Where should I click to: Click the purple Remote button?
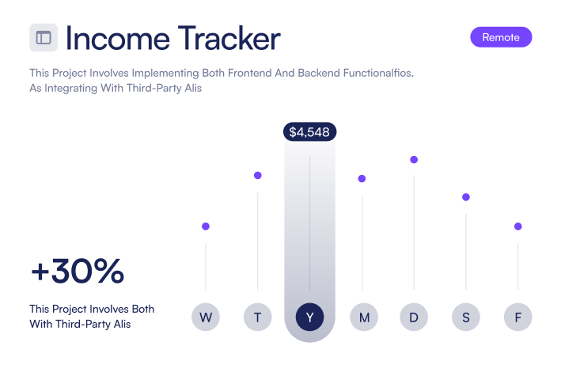point(501,37)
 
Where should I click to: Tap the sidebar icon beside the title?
point(44,37)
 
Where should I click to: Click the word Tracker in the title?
point(229,38)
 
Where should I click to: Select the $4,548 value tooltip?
point(309,132)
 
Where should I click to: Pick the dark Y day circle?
point(310,317)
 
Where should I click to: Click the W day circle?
point(206,317)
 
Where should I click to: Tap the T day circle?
point(258,317)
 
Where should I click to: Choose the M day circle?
point(364,317)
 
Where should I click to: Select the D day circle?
point(414,317)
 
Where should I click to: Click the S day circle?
point(466,317)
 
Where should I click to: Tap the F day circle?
point(518,317)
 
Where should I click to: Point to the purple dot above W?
point(206,226)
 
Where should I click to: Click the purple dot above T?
point(258,175)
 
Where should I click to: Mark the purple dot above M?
point(362,179)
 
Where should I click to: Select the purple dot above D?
point(414,160)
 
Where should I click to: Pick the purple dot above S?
point(466,197)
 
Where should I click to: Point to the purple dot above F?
point(518,226)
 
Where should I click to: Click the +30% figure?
point(78,271)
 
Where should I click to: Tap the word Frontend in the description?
point(250,73)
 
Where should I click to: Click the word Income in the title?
point(118,38)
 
